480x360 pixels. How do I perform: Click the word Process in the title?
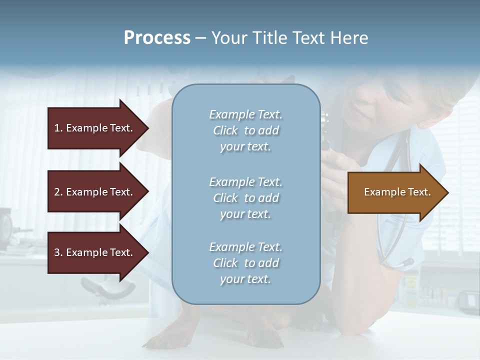click(x=157, y=38)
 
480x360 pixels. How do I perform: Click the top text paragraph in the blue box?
click(x=245, y=130)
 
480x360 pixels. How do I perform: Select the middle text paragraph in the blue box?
click(x=245, y=197)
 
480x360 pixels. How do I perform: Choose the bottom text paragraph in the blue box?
click(x=245, y=263)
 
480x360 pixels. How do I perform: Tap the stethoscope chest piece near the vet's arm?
click(x=406, y=262)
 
